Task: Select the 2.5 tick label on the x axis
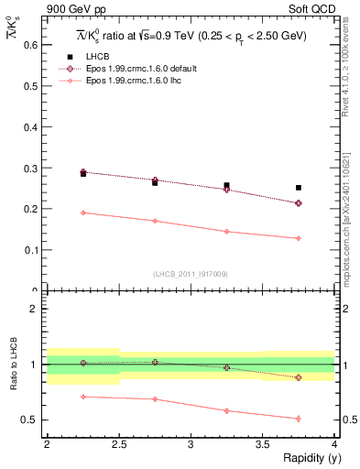point(118,444)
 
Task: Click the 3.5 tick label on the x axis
point(263,444)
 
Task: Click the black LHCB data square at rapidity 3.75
point(299,188)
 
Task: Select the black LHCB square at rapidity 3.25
point(227,185)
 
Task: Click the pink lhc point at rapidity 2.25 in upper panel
point(83,213)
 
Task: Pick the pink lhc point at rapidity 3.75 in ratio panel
point(299,419)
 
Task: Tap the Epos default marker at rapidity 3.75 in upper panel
point(299,203)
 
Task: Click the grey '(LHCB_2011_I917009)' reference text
point(191,274)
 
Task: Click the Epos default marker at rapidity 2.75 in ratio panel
point(155,362)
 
